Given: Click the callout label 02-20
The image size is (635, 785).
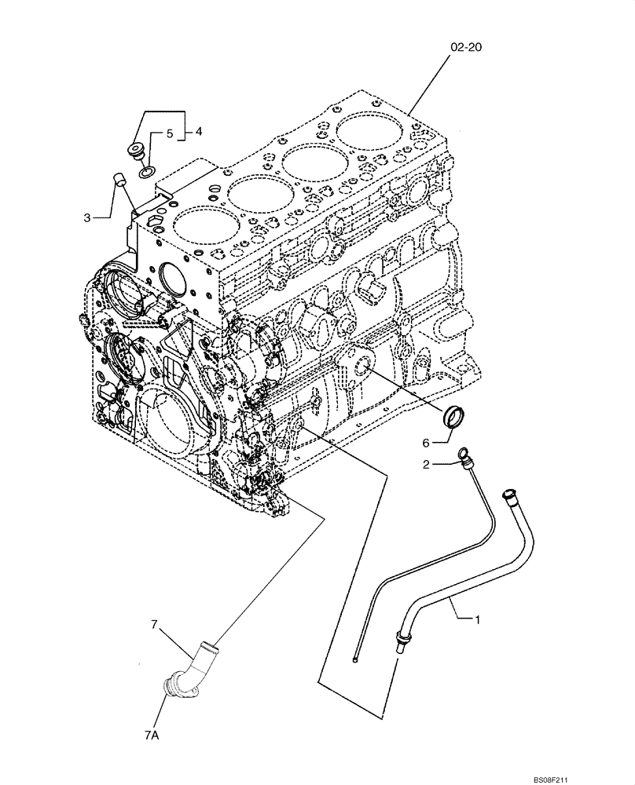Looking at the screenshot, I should [x=465, y=48].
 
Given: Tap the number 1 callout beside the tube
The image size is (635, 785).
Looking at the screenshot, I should [x=476, y=619].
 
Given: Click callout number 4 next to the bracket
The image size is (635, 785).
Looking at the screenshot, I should [x=169, y=134].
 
